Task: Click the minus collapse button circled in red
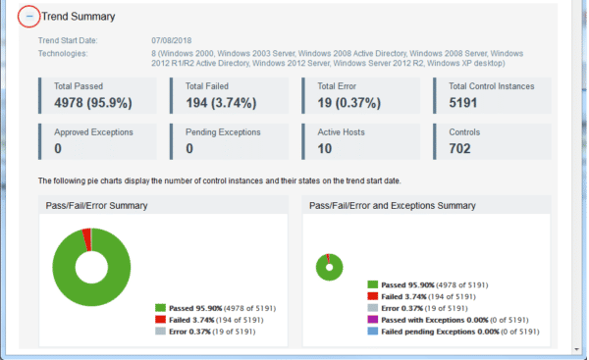(x=29, y=17)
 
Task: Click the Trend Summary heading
(x=79, y=17)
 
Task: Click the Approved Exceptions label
(x=93, y=131)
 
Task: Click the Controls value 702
(x=463, y=148)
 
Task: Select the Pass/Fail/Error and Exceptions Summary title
(x=392, y=206)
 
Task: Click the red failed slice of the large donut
(x=86, y=234)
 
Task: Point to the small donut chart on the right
(x=329, y=266)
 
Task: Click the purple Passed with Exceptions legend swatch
(x=372, y=320)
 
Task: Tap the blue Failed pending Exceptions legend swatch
(x=372, y=333)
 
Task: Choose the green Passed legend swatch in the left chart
(x=161, y=307)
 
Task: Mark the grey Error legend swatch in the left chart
(x=161, y=333)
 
